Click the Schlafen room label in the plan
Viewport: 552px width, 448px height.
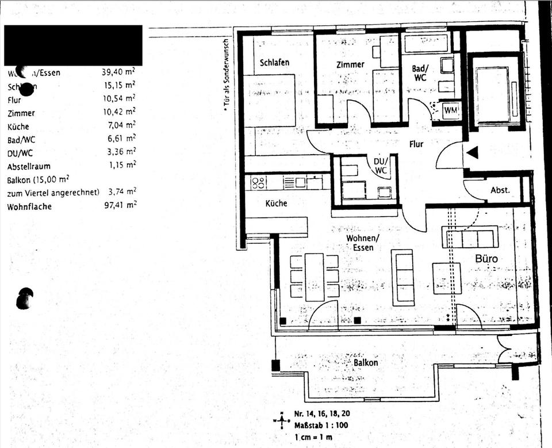coord(274,62)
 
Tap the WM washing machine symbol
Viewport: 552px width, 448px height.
coord(450,109)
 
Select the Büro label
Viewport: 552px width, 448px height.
coord(486,259)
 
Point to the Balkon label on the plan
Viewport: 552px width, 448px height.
coord(366,363)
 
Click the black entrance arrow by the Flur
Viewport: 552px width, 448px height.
coord(472,153)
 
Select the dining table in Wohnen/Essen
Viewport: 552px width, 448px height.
coord(314,277)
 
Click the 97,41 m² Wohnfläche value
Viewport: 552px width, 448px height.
coord(122,205)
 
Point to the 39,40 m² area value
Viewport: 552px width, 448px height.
coord(118,72)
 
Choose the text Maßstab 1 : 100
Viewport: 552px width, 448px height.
coord(320,426)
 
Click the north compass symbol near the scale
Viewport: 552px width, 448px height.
coord(281,420)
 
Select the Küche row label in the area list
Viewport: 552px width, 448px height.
coord(18,127)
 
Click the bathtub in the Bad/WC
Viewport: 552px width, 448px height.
coord(426,43)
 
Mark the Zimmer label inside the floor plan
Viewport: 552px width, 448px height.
coord(350,64)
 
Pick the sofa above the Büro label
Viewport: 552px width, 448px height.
coord(470,236)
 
